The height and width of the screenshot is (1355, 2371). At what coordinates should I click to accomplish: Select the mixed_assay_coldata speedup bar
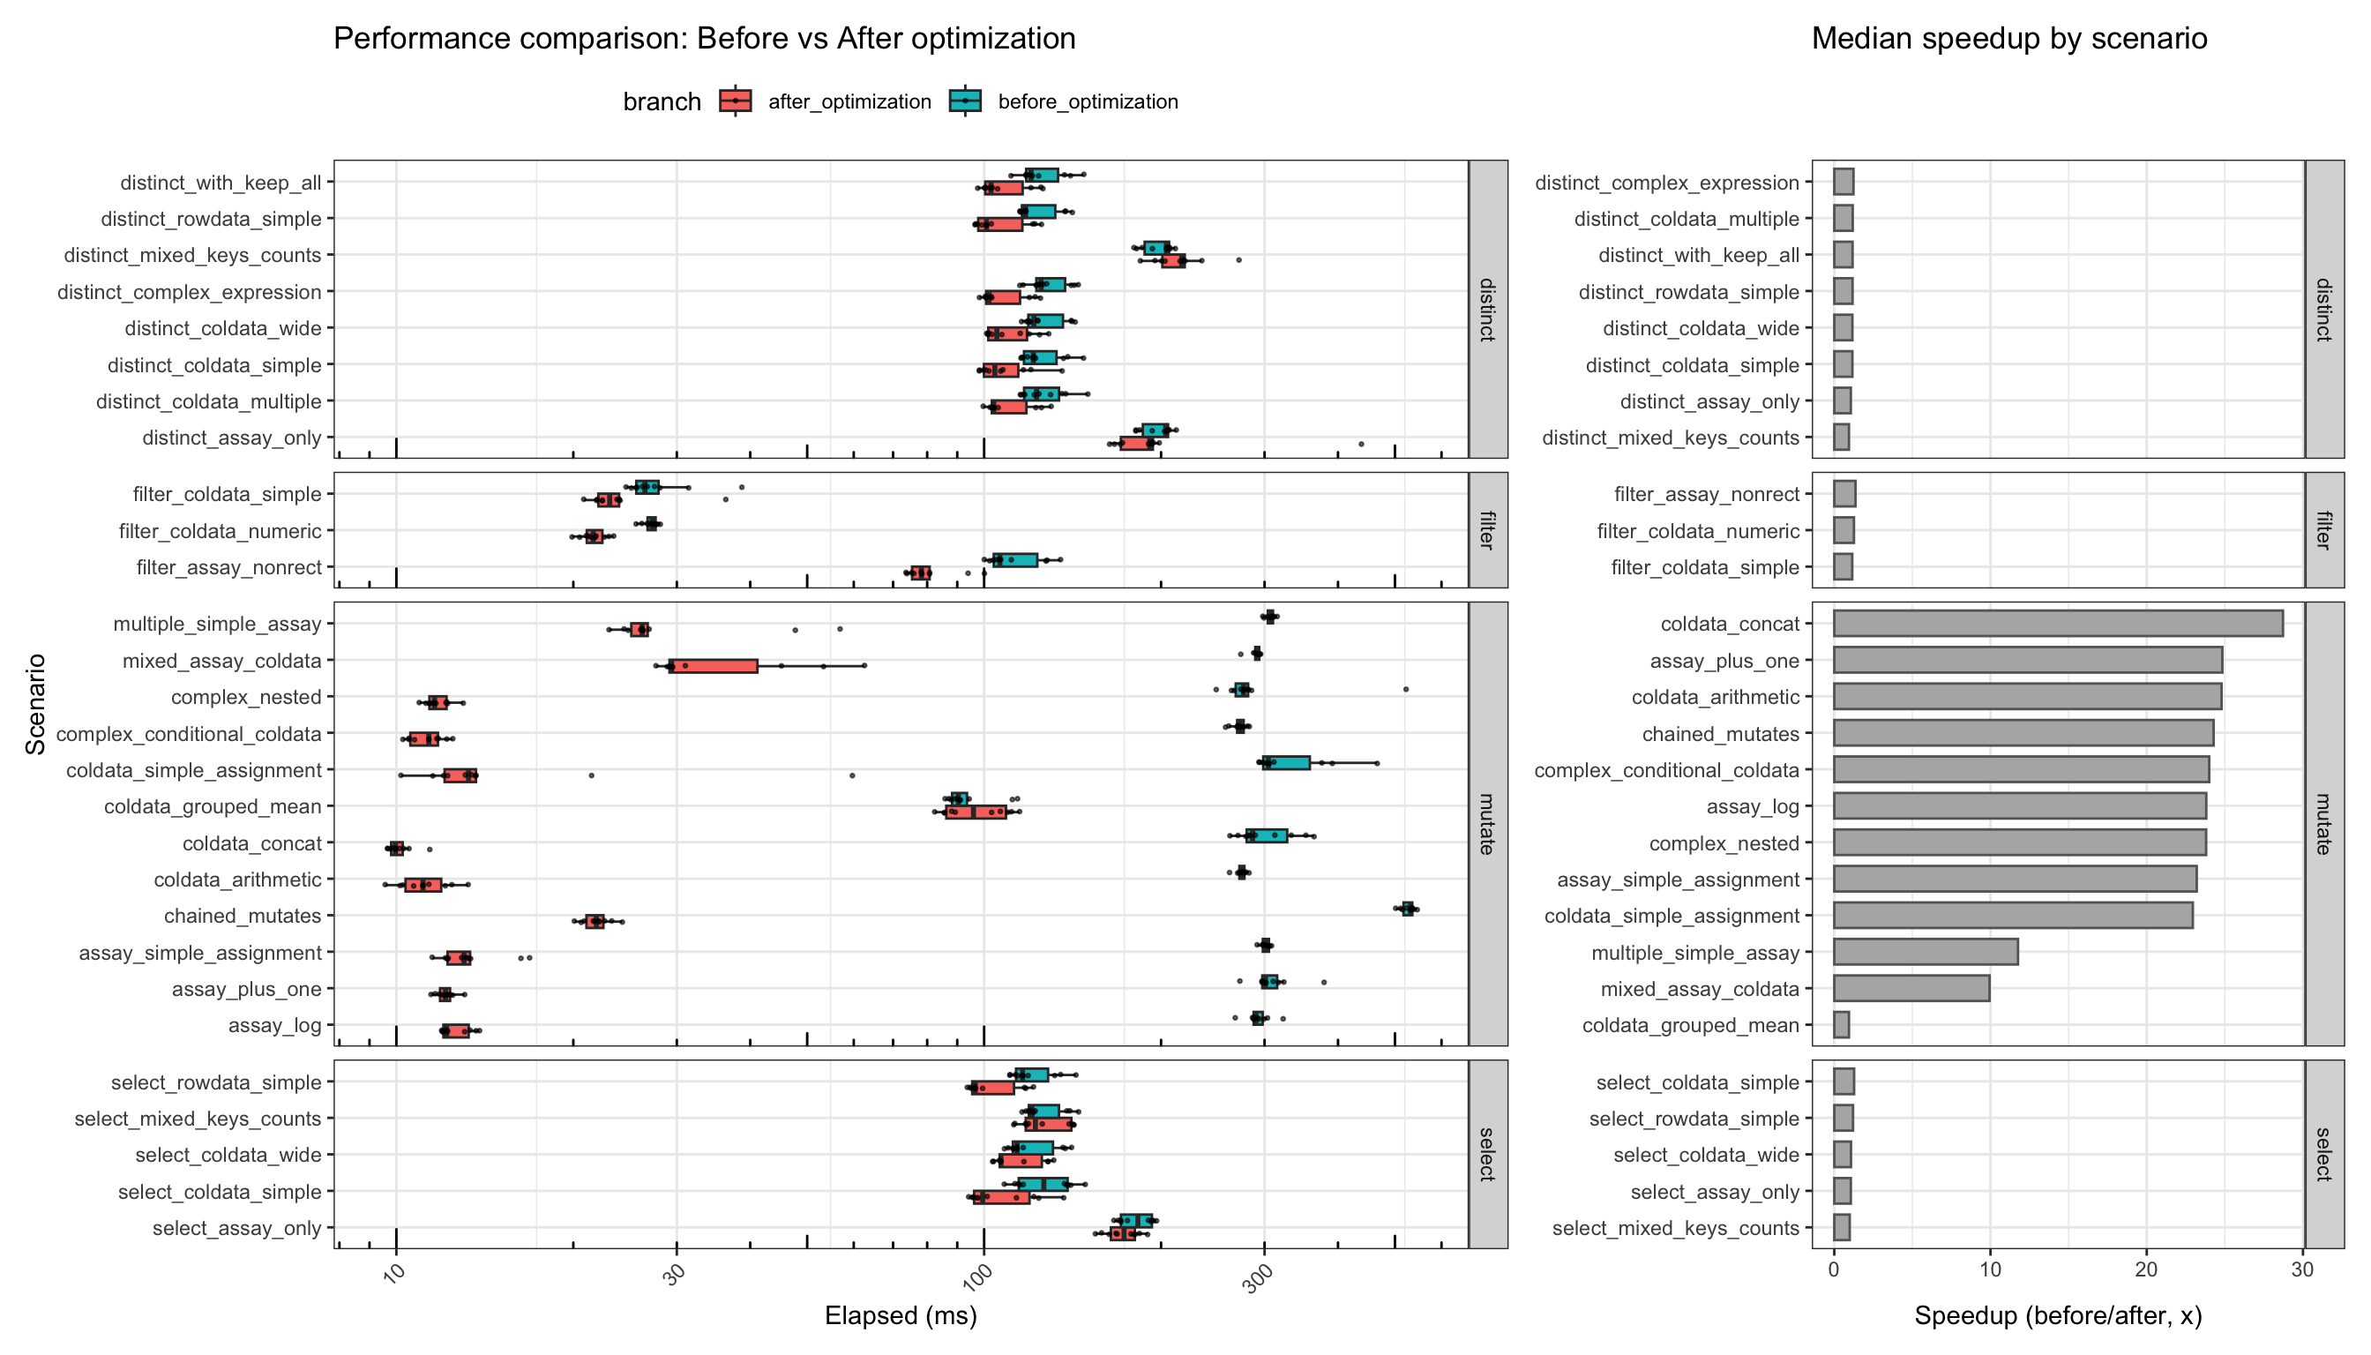1911,988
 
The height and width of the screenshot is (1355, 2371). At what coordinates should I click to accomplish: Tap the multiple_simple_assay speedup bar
1925,952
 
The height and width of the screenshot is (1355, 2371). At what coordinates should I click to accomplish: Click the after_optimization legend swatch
735,101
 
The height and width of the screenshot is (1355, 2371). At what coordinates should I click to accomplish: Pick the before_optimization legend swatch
965,101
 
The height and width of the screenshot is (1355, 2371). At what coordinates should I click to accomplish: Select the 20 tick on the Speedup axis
2146,1270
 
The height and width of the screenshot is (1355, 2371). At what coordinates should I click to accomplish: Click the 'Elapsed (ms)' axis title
900,1316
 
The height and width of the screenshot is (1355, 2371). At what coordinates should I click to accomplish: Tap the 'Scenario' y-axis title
35,704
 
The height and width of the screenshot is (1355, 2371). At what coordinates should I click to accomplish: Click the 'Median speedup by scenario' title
2009,38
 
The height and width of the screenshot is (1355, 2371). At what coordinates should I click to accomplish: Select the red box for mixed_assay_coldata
713,666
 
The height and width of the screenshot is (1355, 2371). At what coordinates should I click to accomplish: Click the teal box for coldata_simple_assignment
1286,763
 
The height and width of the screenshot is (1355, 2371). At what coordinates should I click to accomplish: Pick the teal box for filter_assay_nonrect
1014,560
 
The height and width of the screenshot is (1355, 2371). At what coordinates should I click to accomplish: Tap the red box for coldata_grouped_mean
976,812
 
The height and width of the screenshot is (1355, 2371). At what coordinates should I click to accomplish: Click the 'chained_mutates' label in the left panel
242,916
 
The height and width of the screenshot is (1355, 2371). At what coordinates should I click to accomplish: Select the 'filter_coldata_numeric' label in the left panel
220,531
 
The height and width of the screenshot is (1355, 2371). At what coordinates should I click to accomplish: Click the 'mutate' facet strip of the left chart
1487,824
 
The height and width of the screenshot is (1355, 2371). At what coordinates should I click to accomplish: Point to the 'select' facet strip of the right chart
2322,1154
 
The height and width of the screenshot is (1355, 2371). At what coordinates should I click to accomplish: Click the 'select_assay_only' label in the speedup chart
1714,1192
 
